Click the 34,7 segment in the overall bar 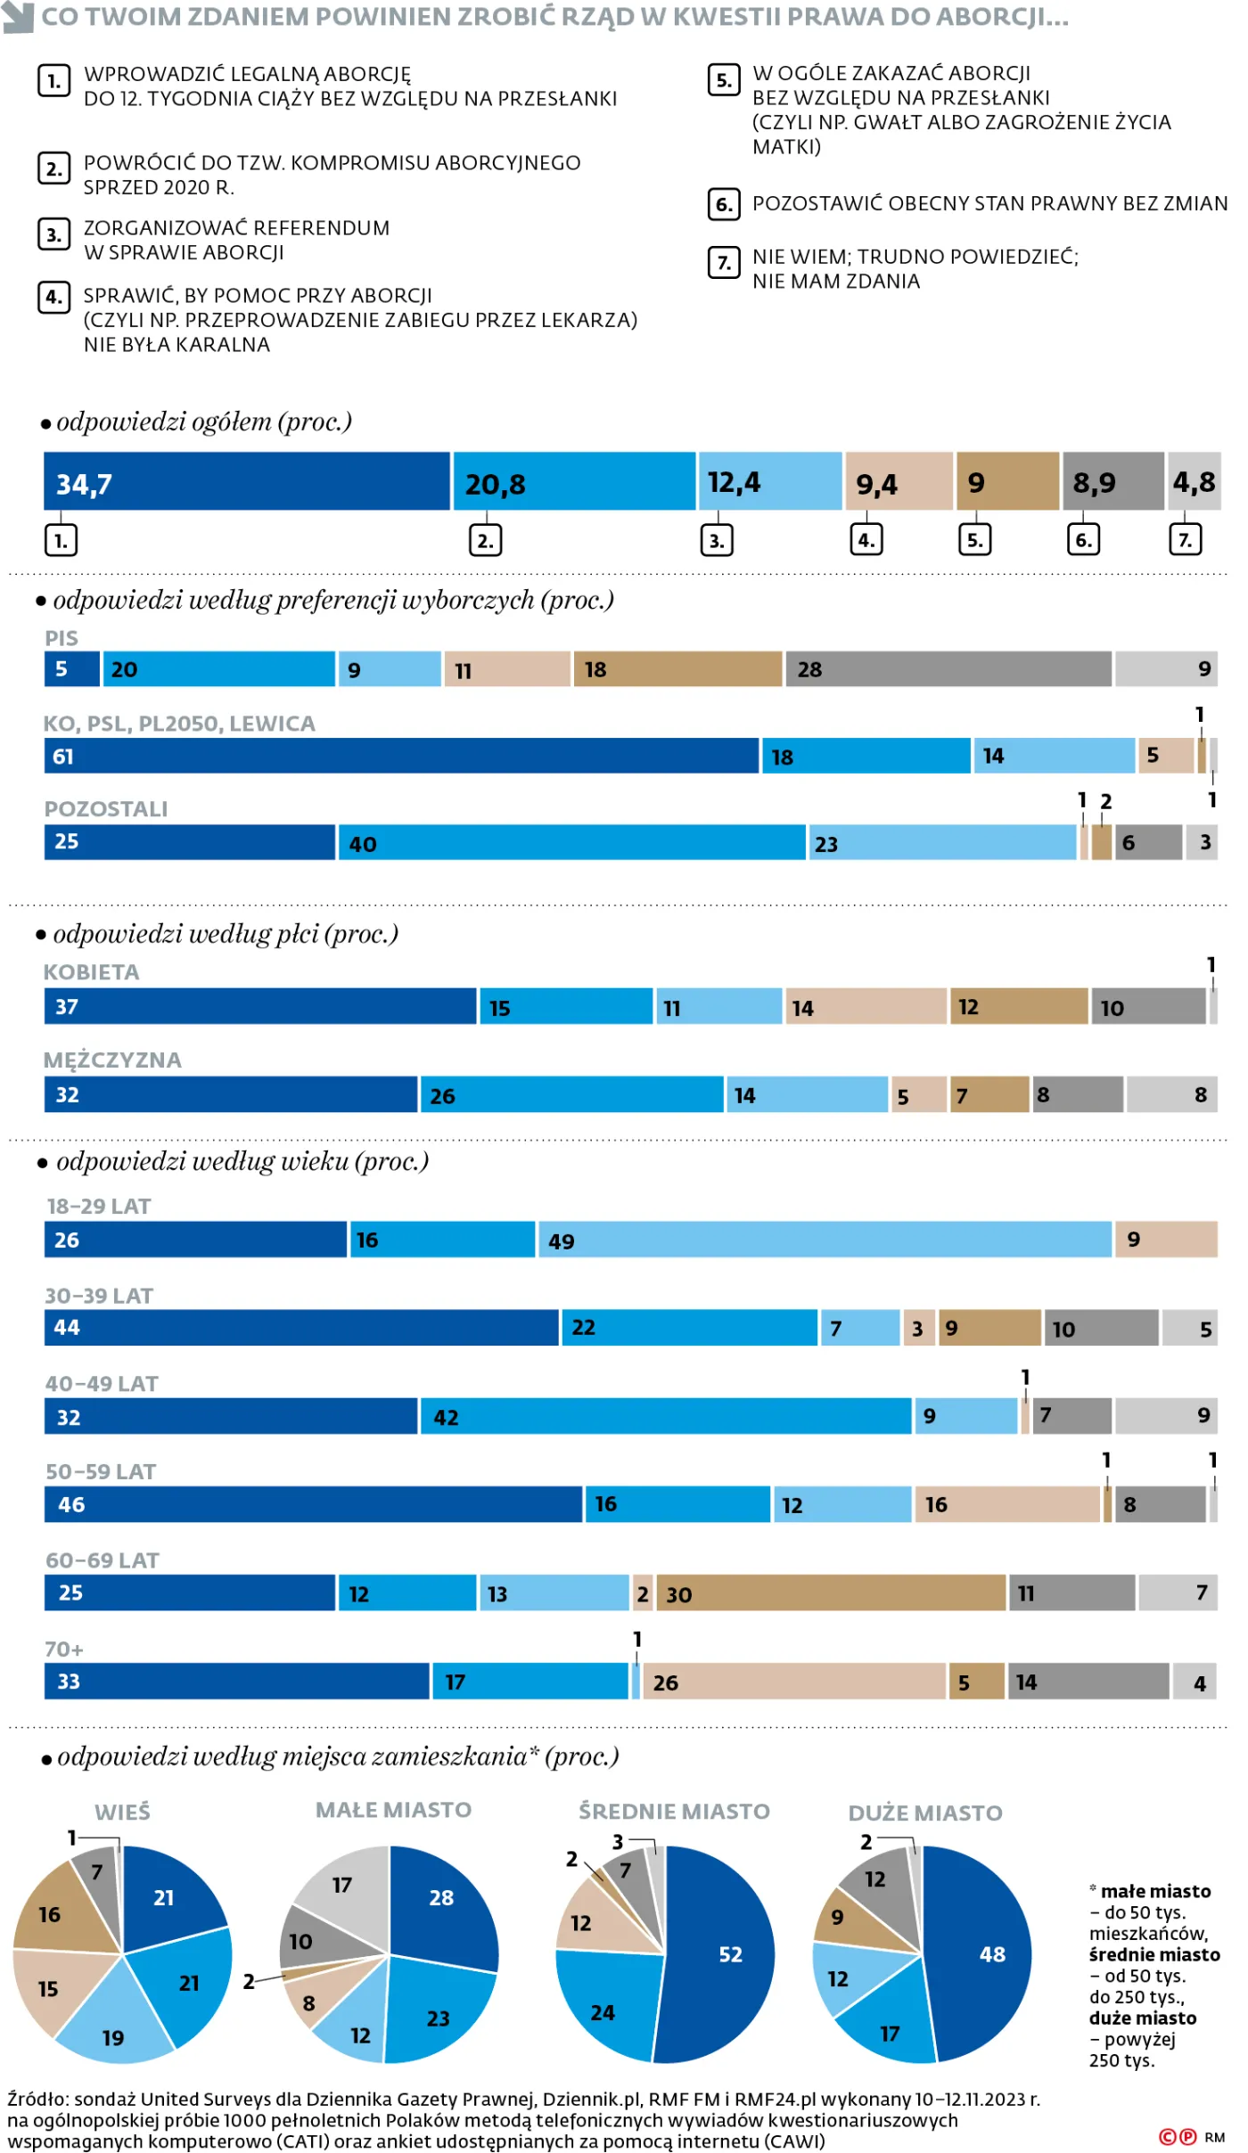pos(247,482)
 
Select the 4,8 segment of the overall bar pos(1194,482)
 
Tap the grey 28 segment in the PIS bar pos(948,669)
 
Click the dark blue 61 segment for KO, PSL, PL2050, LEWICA pos(401,757)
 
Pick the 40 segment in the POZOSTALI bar pos(571,843)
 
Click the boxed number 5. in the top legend pos(723,80)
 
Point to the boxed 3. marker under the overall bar pos(717,540)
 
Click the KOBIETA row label pos(91,972)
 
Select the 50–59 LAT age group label pos(101,1472)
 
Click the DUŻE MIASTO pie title pos(925,1813)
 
